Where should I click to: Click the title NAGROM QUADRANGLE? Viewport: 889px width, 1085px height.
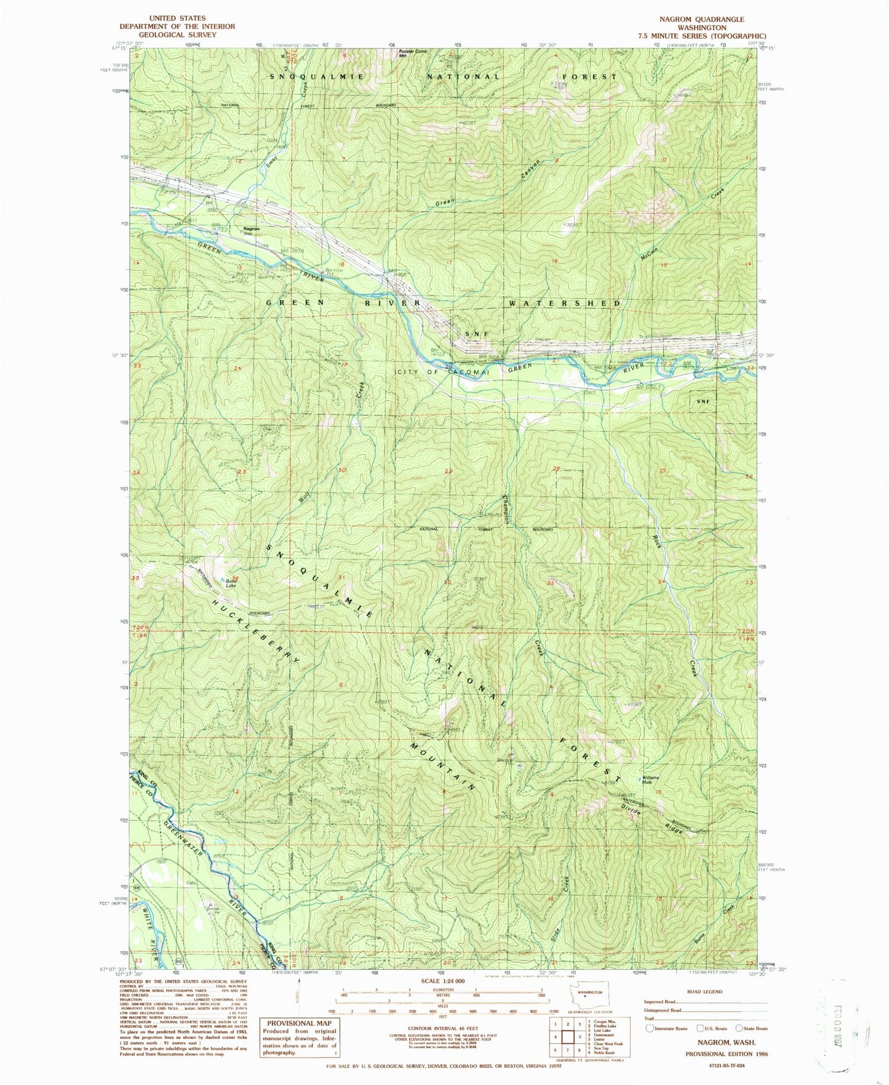point(701,19)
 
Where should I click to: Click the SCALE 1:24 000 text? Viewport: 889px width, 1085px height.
point(442,981)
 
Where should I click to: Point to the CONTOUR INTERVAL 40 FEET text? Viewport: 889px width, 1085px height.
point(442,1029)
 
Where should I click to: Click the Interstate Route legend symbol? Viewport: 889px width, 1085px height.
point(650,1028)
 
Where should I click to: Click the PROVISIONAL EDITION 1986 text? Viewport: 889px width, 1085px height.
point(727,1054)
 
